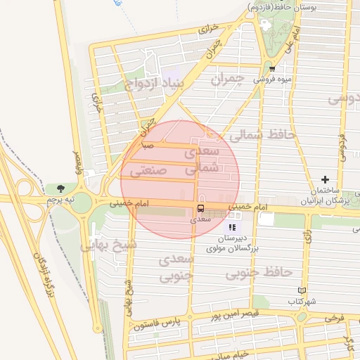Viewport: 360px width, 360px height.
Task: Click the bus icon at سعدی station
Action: click(201, 209)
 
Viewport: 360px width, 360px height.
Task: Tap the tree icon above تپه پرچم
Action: click(60, 188)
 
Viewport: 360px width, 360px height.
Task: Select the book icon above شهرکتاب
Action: click(302, 290)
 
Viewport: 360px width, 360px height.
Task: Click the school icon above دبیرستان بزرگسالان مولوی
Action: click(232, 227)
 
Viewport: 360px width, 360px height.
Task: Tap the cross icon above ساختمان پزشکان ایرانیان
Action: click(325, 180)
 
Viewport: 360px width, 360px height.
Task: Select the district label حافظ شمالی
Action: click(266, 134)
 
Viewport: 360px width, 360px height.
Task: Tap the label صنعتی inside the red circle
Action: click(148, 170)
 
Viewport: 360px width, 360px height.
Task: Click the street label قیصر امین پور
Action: click(236, 314)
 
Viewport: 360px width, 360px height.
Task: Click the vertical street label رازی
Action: click(307, 237)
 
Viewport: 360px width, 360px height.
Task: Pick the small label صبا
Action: click(148, 146)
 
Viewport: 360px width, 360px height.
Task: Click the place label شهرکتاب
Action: click(302, 301)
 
